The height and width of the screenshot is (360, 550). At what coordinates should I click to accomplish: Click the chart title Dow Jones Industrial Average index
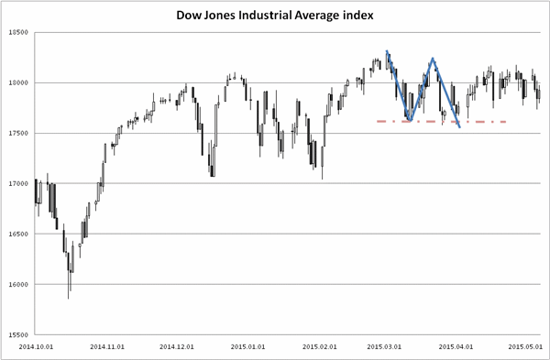[x=275, y=16]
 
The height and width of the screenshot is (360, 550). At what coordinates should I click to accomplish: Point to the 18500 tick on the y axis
[x=18, y=33]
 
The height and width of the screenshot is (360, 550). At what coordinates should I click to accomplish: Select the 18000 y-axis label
[x=18, y=83]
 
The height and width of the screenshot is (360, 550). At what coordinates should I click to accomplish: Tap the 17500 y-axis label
[x=18, y=134]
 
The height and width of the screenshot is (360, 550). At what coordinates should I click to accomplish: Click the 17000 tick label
[x=18, y=184]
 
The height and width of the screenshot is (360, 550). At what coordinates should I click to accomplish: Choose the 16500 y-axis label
[x=18, y=235]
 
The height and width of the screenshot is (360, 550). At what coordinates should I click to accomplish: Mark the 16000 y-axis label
[x=18, y=285]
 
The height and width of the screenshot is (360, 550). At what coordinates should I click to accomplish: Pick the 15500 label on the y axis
[x=18, y=335]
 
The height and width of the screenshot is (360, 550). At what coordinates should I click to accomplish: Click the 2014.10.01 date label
[x=36, y=346]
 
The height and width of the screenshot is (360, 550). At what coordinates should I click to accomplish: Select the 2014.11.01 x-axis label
[x=107, y=346]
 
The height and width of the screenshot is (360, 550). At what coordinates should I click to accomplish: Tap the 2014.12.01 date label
[x=177, y=346]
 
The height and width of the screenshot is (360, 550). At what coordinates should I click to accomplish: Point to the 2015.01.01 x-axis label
[x=247, y=346]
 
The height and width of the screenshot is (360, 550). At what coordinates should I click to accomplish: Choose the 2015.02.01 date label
[x=320, y=346]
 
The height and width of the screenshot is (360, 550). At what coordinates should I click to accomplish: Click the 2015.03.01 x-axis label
[x=384, y=346]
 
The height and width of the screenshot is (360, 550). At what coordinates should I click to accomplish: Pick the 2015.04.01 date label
[x=456, y=346]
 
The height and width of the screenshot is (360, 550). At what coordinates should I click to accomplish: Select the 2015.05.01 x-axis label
[x=525, y=346]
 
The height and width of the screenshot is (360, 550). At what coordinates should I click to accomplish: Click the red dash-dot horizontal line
[x=442, y=122]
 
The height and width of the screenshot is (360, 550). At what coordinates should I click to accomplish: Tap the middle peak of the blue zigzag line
[x=433, y=59]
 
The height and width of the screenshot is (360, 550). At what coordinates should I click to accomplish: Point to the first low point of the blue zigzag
[x=411, y=121]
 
